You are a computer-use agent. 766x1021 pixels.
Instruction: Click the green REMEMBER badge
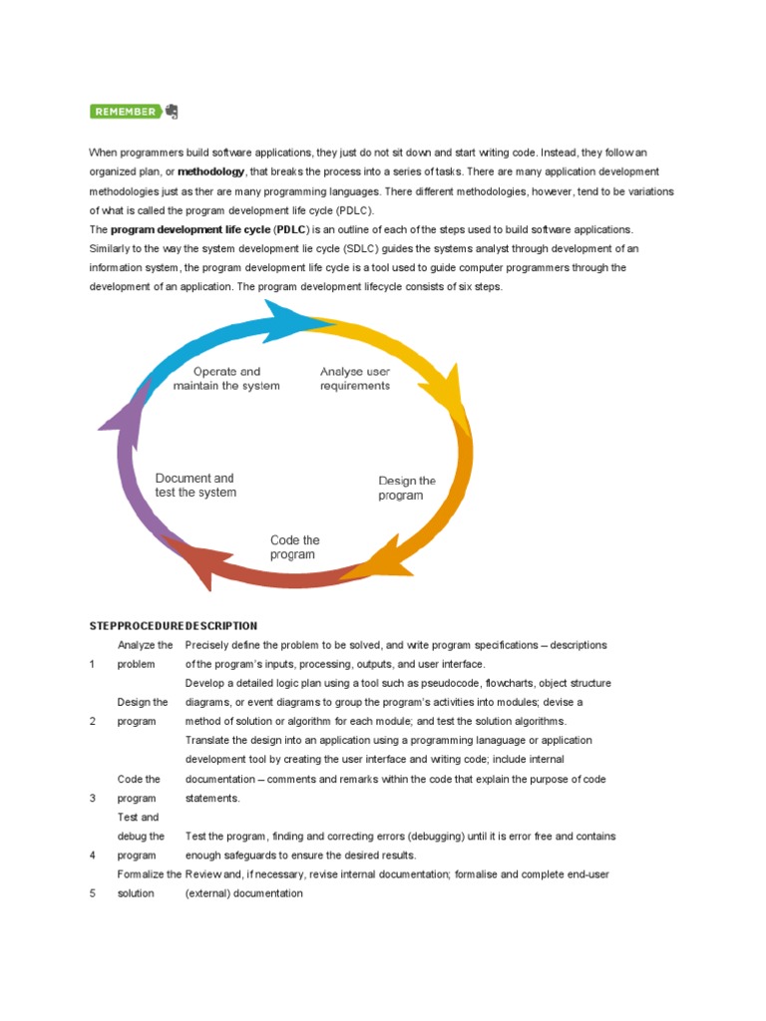click(125, 112)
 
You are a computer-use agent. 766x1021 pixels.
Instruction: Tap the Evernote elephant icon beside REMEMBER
click(172, 111)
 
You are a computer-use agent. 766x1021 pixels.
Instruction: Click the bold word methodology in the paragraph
click(210, 171)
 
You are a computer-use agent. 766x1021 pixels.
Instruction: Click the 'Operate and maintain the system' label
click(226, 379)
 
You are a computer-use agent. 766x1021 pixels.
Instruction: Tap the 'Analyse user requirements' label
click(355, 379)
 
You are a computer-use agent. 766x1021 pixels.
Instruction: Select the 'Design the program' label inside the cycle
click(407, 488)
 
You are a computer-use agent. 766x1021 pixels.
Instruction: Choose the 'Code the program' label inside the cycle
click(294, 547)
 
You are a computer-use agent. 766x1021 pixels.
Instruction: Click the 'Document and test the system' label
click(195, 486)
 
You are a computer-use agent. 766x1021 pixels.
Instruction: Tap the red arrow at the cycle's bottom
click(269, 574)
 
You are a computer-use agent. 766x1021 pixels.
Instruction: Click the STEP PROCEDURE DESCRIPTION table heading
click(174, 626)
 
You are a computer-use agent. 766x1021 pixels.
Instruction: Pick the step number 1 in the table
click(93, 664)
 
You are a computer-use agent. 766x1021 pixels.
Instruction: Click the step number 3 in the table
click(93, 798)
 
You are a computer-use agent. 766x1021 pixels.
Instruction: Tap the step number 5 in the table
click(93, 893)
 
